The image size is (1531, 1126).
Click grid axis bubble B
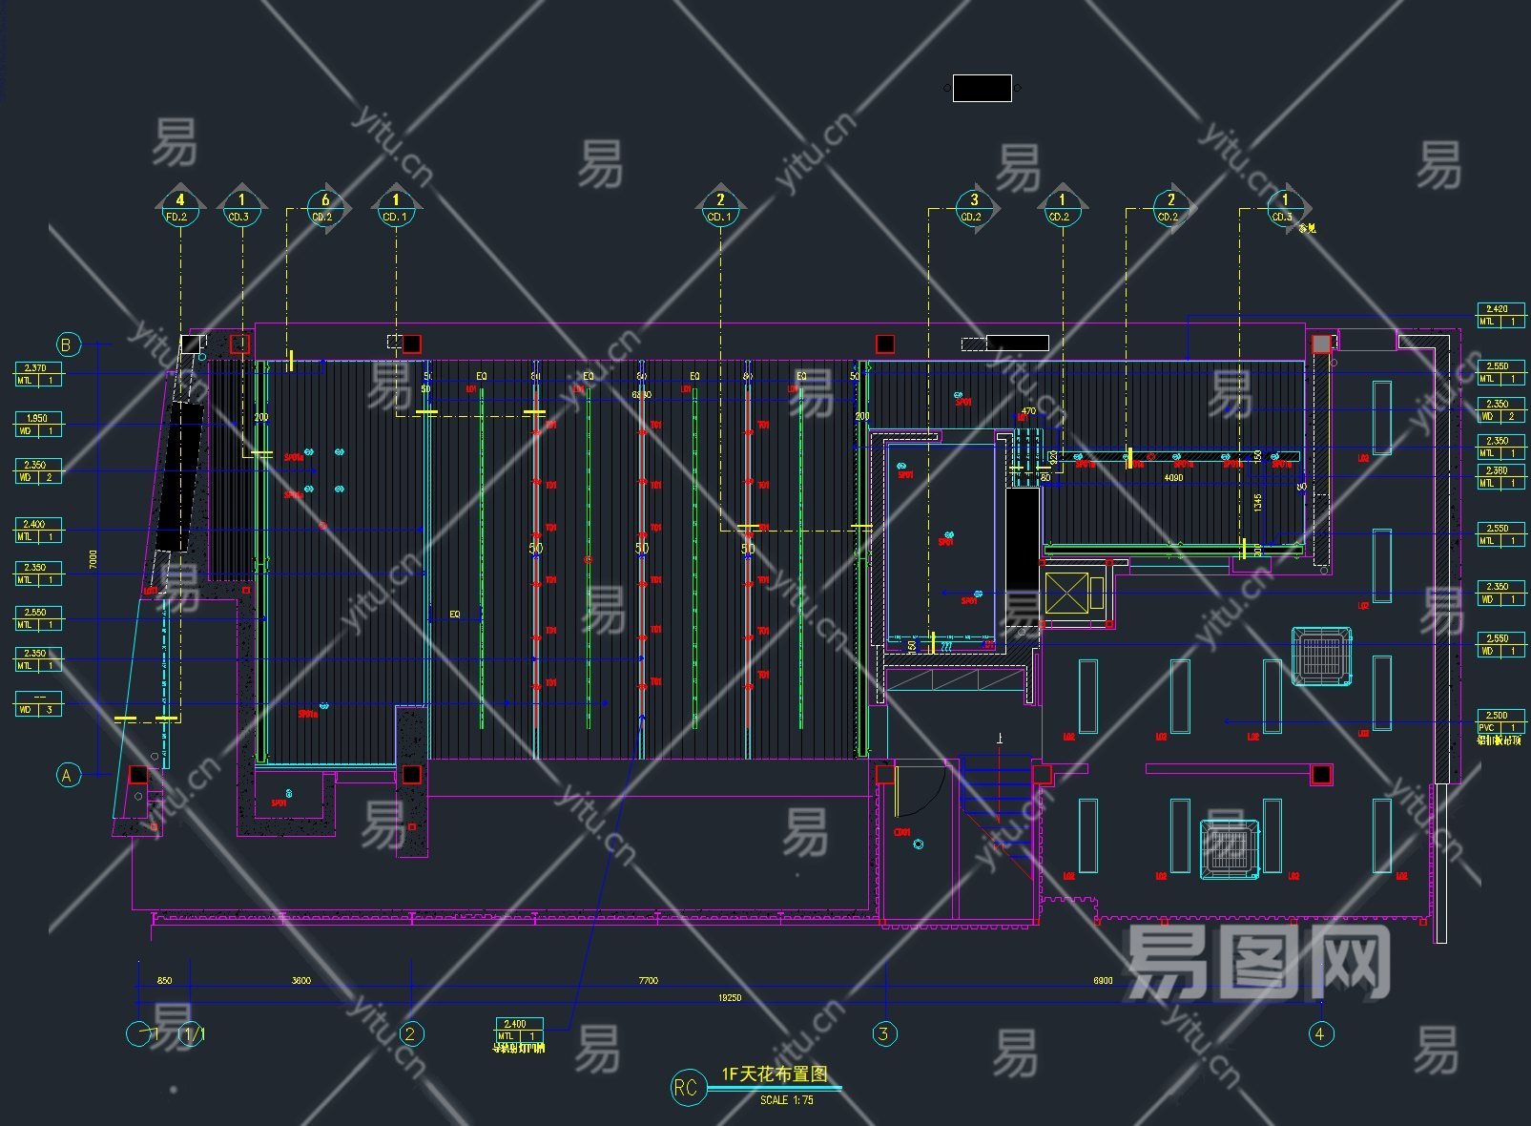(x=67, y=344)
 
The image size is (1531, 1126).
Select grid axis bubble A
(x=67, y=775)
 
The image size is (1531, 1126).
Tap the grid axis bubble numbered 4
(x=1320, y=1033)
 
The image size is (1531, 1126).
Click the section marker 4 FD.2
(x=179, y=207)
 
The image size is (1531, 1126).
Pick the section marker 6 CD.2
(x=324, y=207)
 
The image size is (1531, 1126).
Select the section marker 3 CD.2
(x=973, y=207)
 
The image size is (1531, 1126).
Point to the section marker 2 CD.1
(x=719, y=207)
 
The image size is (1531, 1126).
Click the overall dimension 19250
(x=729, y=998)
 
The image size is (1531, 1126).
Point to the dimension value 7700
(x=648, y=980)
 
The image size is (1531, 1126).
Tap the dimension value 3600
(x=300, y=980)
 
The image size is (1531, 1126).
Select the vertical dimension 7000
(x=93, y=558)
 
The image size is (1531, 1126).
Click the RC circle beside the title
(x=687, y=1088)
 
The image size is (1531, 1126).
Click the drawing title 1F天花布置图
(x=774, y=1074)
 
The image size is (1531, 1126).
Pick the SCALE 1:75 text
(x=786, y=1100)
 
